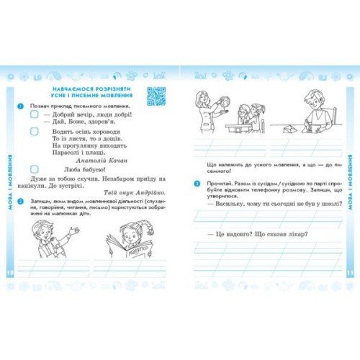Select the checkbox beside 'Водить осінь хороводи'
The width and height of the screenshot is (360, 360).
[34, 132]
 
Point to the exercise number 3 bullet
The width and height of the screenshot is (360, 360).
[197, 183]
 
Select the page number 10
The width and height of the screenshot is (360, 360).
[9, 273]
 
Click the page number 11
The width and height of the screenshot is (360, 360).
[351, 273]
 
